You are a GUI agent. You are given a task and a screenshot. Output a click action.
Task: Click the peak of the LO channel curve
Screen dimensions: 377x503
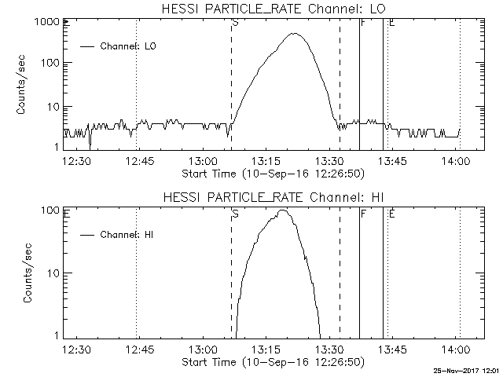(296, 34)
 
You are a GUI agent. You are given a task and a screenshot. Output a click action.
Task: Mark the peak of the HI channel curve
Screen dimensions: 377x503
(283, 210)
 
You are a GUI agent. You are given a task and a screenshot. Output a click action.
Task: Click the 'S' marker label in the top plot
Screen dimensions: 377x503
(235, 23)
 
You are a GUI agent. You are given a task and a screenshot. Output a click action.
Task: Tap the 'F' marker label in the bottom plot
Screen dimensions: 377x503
(363, 213)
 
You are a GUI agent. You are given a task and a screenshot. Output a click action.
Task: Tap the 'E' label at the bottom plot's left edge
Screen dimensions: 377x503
(68, 213)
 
